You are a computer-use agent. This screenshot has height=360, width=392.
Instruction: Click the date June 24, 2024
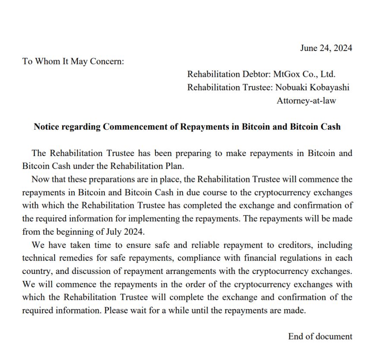click(x=326, y=48)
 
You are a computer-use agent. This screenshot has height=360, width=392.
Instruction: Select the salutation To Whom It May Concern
click(x=73, y=61)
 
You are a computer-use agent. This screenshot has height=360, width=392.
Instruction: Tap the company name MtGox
click(x=288, y=74)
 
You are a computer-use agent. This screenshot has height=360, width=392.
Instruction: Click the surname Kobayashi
click(x=329, y=88)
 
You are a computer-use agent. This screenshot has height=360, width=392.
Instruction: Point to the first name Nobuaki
click(x=291, y=88)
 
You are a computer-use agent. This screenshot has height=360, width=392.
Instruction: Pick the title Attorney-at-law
click(x=306, y=101)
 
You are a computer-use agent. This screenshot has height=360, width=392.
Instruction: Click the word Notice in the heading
click(x=46, y=127)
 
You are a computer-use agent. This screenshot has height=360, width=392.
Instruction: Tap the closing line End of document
click(x=320, y=336)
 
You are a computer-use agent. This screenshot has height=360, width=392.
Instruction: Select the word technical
click(x=38, y=258)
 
